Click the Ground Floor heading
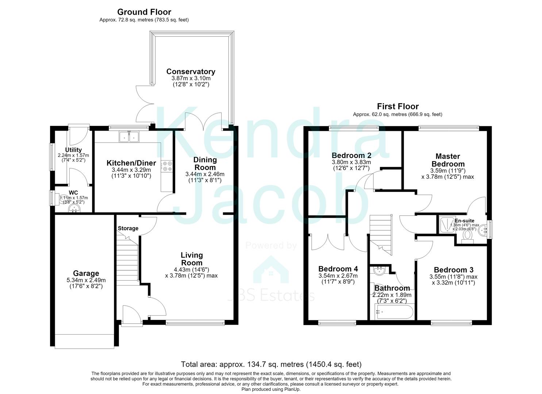coord(144,12)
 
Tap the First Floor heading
coord(398,107)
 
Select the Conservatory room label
coord(191,72)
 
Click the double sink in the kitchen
coord(129,137)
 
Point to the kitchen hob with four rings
coord(167,166)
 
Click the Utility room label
coord(73,150)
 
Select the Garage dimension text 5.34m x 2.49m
coord(86,280)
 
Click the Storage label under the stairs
coord(128,229)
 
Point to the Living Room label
coord(192,259)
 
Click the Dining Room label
coord(205,163)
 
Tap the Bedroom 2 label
coord(351,155)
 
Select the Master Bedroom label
coord(448,160)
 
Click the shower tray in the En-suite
coord(447,225)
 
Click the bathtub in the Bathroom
coord(394,312)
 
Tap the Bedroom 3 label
coord(454,270)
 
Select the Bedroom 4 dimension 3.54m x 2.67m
coord(338,276)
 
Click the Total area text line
coord(271,364)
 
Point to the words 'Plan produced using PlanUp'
coord(271,389)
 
